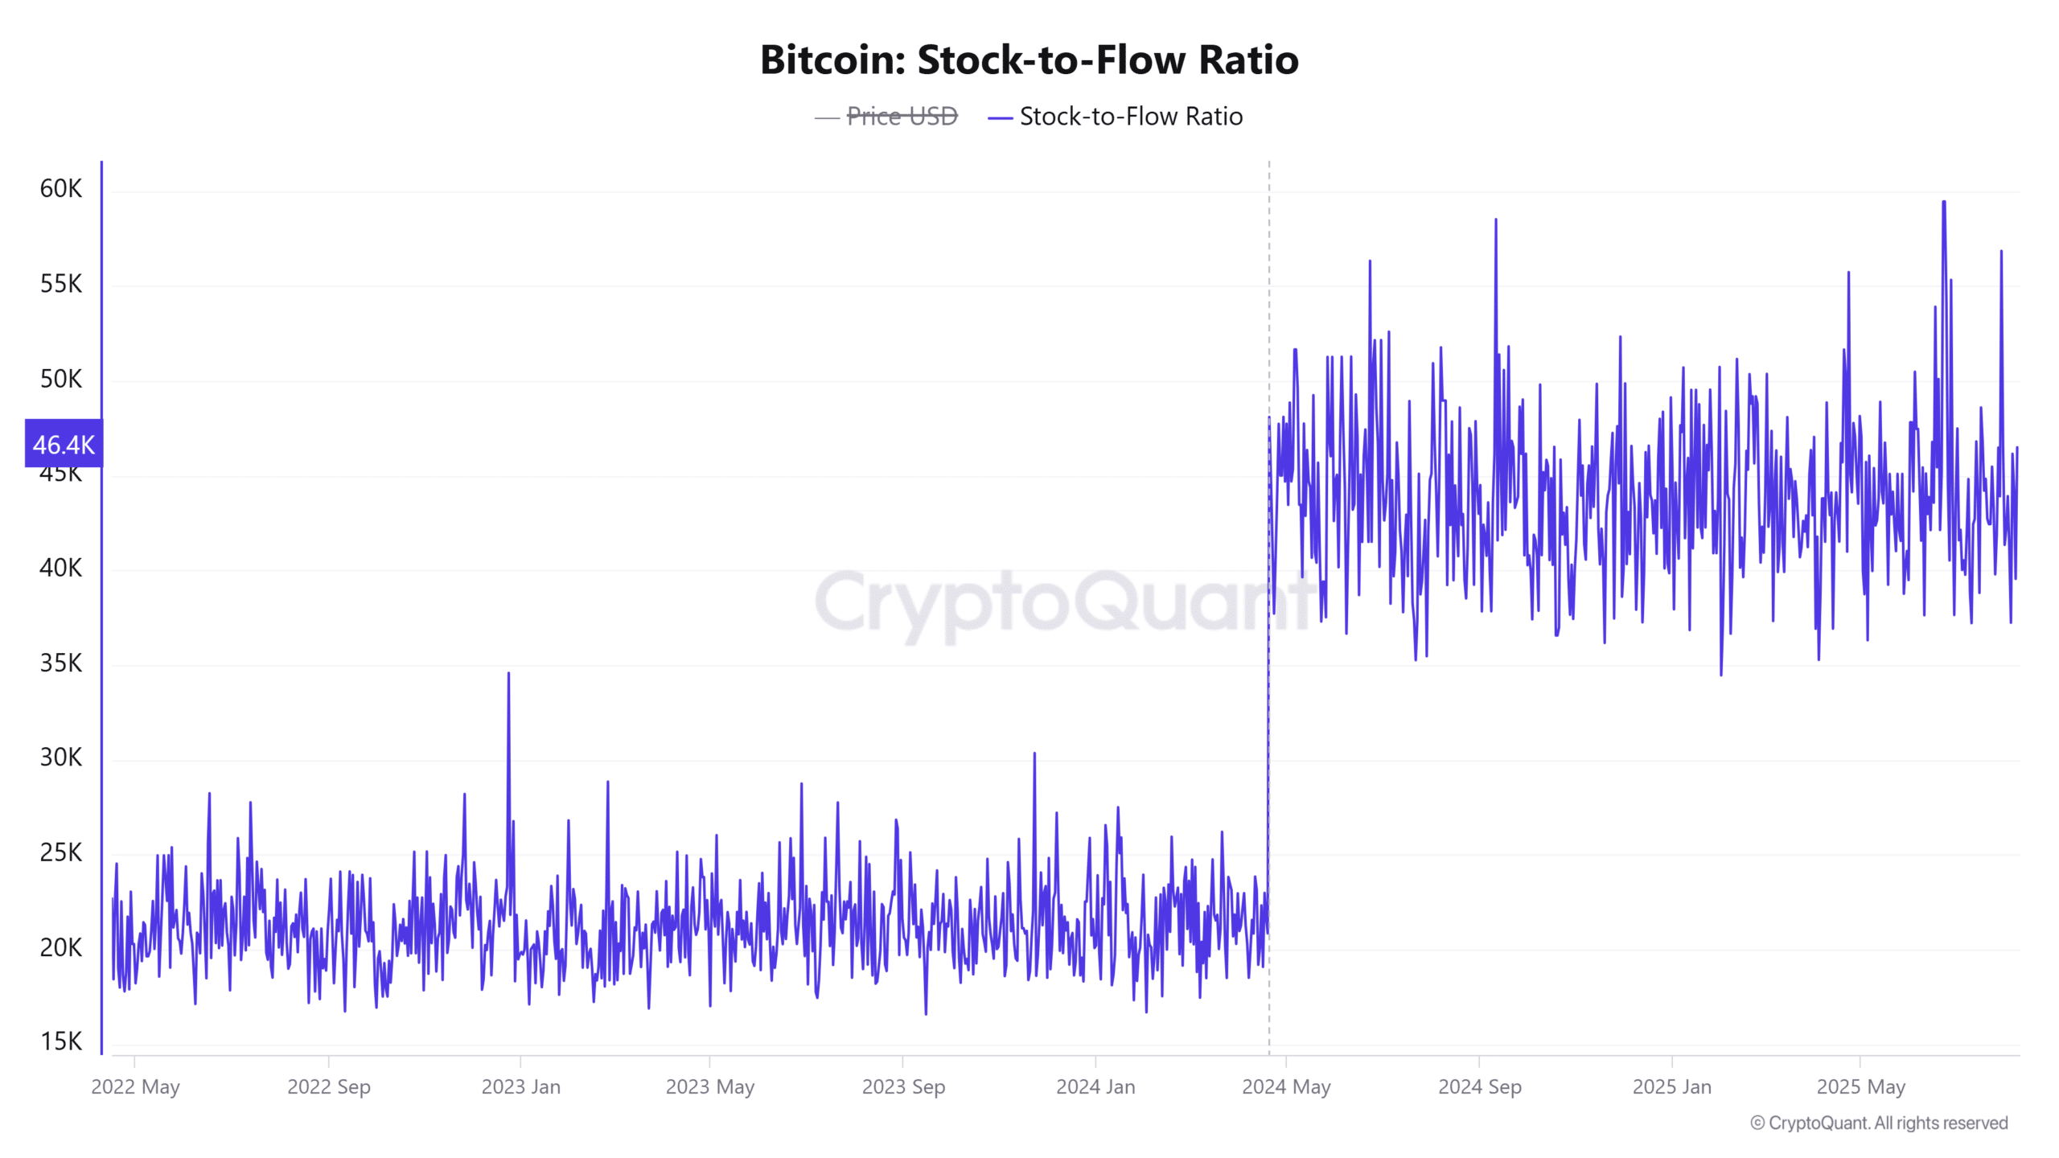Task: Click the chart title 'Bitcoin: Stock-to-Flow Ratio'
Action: pyautogui.click(x=1029, y=60)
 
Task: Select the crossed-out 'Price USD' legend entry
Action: pyautogui.click(x=902, y=117)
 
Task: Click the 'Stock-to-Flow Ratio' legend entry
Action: pyautogui.click(x=1130, y=117)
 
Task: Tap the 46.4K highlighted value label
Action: pyautogui.click(x=64, y=444)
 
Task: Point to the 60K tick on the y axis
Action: pyautogui.click(x=61, y=189)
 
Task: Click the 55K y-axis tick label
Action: pyautogui.click(x=61, y=284)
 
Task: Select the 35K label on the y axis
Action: pyautogui.click(x=61, y=663)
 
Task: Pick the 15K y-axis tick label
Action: pyautogui.click(x=61, y=1042)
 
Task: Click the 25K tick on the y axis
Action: pyautogui.click(x=61, y=852)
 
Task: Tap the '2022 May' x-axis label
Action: pyautogui.click(x=135, y=1087)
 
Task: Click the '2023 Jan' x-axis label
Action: pyautogui.click(x=520, y=1087)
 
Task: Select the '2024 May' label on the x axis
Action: pyautogui.click(x=1286, y=1087)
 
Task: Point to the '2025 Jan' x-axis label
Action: pyautogui.click(x=1671, y=1087)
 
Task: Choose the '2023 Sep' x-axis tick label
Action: pyautogui.click(x=903, y=1087)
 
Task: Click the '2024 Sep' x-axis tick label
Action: pyautogui.click(x=1479, y=1087)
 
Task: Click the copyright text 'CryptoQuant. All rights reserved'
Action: pyautogui.click(x=1887, y=1123)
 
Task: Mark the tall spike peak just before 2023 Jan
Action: pyautogui.click(x=508, y=674)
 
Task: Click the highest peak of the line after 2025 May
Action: pyautogui.click(x=1944, y=203)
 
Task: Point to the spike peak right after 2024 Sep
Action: pyautogui.click(x=1496, y=220)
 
